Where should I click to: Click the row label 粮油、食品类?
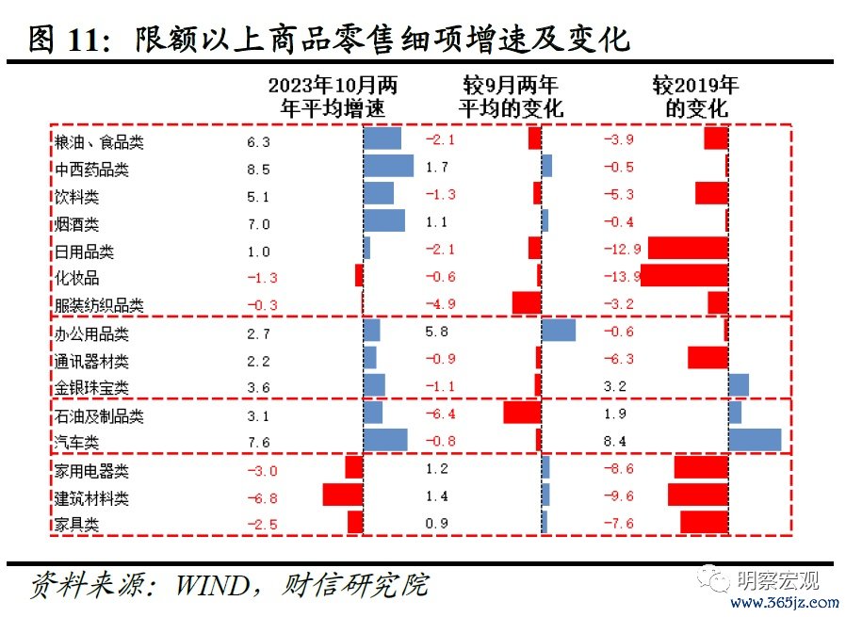(99, 143)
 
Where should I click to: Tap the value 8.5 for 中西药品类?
(258, 170)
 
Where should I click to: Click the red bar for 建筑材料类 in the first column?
(343, 495)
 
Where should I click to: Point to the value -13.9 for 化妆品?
(622, 277)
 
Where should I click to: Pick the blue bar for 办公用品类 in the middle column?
(559, 331)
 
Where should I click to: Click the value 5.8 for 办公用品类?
(436, 332)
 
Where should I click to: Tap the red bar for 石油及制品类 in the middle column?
(522, 414)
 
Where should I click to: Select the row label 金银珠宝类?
(92, 388)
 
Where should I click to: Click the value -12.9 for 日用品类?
(622, 250)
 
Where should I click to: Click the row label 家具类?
(77, 525)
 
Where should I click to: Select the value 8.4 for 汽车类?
(615, 442)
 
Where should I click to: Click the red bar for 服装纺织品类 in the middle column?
(527, 303)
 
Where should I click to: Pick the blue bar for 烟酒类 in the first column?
(383, 221)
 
